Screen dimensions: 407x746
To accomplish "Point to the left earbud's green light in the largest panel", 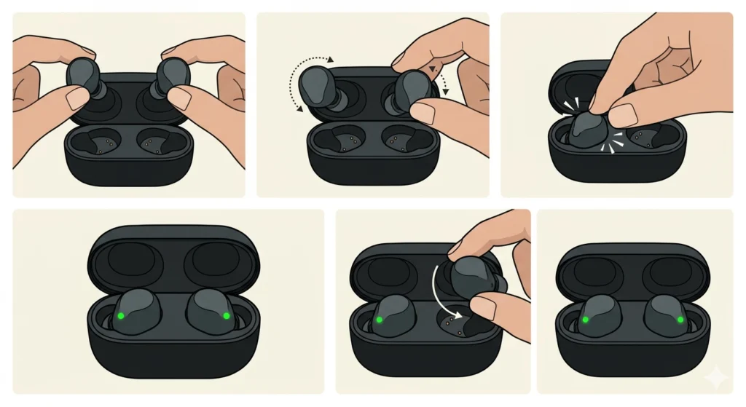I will tap(121, 316).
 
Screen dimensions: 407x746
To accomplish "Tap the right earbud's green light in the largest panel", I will tap(226, 315).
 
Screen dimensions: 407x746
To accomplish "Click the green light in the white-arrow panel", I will tap(378, 320).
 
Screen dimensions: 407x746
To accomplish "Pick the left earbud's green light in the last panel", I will tap(584, 319).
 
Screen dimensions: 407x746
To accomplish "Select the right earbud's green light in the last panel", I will tap(680, 319).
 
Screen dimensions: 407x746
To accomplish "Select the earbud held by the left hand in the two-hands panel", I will tap(85, 77).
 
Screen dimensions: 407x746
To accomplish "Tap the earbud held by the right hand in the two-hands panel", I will tap(172, 77).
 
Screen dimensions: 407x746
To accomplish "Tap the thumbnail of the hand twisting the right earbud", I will tap(422, 111).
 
